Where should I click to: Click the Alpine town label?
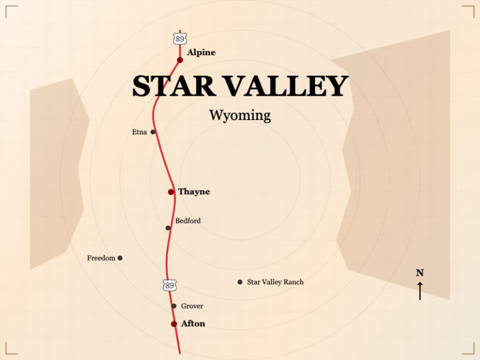[x=201, y=52]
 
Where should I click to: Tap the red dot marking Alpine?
[x=180, y=60]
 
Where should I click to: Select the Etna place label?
[x=139, y=132]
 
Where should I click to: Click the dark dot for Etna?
[x=153, y=132]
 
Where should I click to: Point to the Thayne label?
[x=194, y=192]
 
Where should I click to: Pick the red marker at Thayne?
[x=171, y=192]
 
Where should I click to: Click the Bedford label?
[x=188, y=221]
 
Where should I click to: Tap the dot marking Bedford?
[x=168, y=228]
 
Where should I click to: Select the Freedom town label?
[x=101, y=258]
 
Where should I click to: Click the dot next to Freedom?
[x=120, y=258]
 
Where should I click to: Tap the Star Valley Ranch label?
[x=275, y=282]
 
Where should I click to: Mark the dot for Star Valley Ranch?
[x=240, y=282]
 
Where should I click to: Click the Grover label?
[x=192, y=306]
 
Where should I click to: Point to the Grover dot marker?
[x=174, y=306]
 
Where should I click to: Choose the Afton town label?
[x=192, y=324]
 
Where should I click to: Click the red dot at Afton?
[x=174, y=324]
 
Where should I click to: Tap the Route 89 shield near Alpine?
[x=180, y=39]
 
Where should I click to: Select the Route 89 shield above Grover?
[x=169, y=285]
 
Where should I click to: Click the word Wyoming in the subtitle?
[x=240, y=116]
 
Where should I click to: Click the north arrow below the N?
[x=420, y=291]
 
